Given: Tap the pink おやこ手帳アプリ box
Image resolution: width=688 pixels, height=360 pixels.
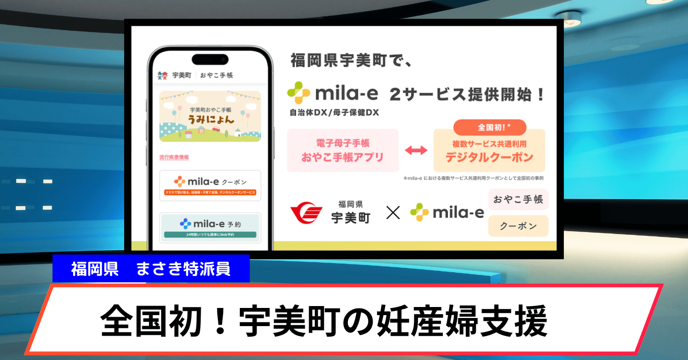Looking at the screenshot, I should pos(343,150).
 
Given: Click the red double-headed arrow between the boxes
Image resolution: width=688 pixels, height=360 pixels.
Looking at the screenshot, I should pos(416,150).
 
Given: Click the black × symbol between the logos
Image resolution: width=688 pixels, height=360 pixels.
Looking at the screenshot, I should pos(393,212).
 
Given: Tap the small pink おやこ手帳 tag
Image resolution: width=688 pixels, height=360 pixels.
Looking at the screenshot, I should pos(518,199).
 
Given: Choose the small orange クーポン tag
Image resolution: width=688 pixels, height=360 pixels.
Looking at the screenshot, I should pos(518,226).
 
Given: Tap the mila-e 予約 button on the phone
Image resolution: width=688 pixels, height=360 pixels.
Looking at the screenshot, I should pos(210,226).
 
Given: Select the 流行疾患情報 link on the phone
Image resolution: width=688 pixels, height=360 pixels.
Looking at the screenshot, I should pos(174,157).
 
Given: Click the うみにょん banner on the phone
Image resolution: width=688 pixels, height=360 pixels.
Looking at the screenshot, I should pos(210,116).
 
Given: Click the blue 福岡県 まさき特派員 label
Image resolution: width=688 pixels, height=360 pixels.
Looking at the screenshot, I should pos(151,269).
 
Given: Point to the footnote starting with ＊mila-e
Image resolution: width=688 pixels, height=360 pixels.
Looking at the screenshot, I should pos(473,178).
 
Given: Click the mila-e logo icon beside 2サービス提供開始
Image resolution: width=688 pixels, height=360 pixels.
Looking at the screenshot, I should pos(299,93).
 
